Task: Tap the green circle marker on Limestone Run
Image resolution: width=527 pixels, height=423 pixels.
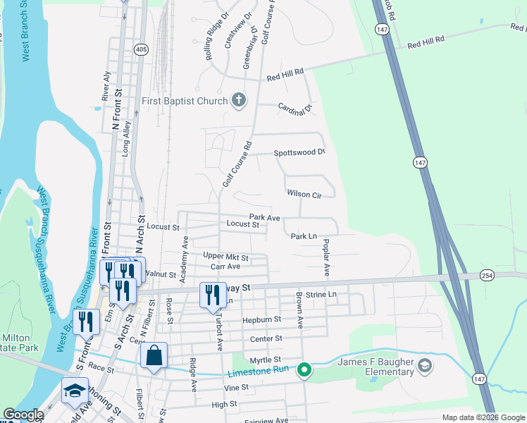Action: (x=304, y=369)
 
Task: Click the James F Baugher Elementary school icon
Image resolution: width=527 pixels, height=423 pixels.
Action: (x=424, y=365)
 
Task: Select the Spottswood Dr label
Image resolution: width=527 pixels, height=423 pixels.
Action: (x=299, y=152)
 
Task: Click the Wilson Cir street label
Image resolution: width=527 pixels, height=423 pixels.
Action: (x=304, y=194)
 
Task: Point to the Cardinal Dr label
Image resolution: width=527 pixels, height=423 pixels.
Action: (x=294, y=108)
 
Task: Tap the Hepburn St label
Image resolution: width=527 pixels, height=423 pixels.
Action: (x=261, y=319)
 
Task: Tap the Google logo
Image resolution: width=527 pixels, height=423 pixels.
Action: (x=23, y=415)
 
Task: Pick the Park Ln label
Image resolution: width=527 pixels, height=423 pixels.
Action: (x=304, y=236)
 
